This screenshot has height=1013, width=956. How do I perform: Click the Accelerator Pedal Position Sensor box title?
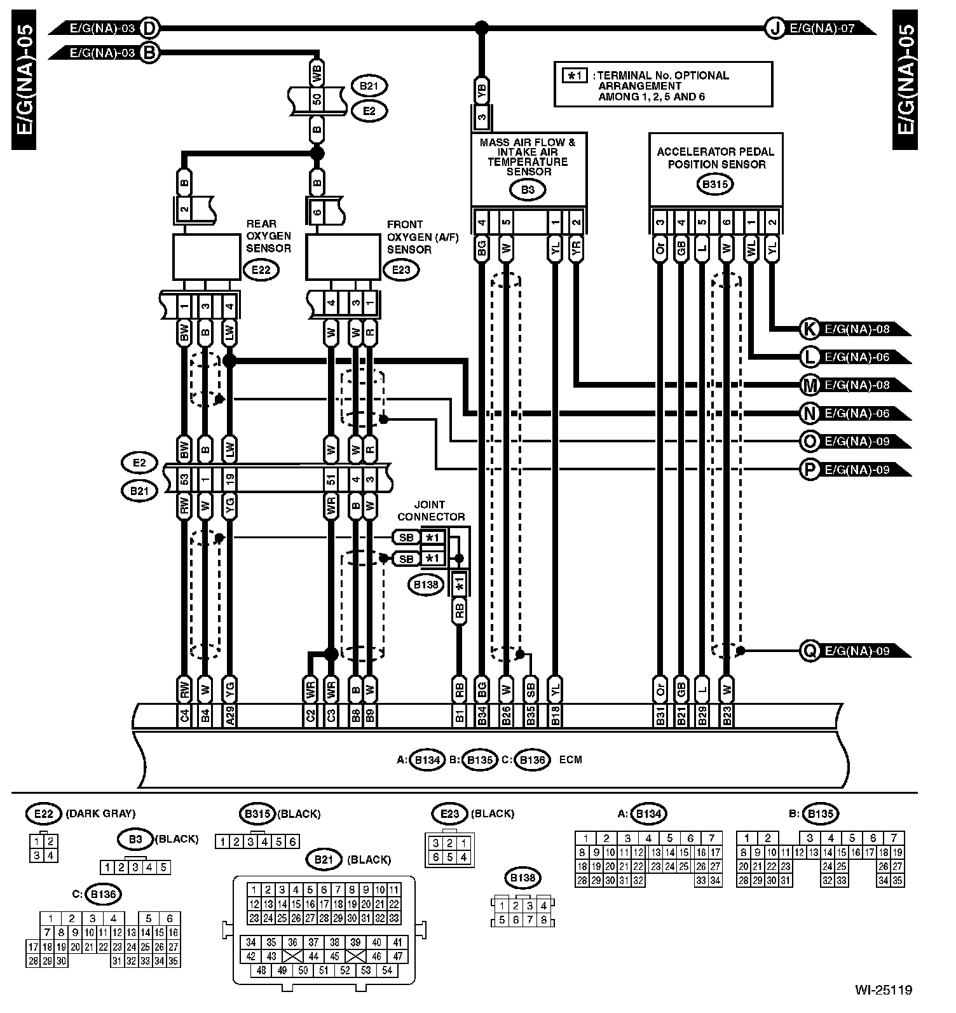tap(715, 158)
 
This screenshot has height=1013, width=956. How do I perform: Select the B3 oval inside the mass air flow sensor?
tap(528, 189)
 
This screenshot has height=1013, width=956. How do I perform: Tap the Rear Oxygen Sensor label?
tap(269, 236)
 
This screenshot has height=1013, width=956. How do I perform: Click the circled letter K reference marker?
tap(810, 329)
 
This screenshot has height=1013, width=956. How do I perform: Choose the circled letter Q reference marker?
tap(810, 651)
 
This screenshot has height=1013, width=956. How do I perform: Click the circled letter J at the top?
tap(774, 28)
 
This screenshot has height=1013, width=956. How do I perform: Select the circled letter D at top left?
tap(150, 28)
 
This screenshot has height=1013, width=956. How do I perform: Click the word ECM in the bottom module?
tap(571, 759)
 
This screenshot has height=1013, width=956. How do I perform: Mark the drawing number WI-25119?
tap(884, 989)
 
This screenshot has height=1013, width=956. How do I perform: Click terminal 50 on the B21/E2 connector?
tap(317, 99)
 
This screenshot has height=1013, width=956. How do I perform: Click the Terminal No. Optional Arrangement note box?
tap(663, 84)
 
